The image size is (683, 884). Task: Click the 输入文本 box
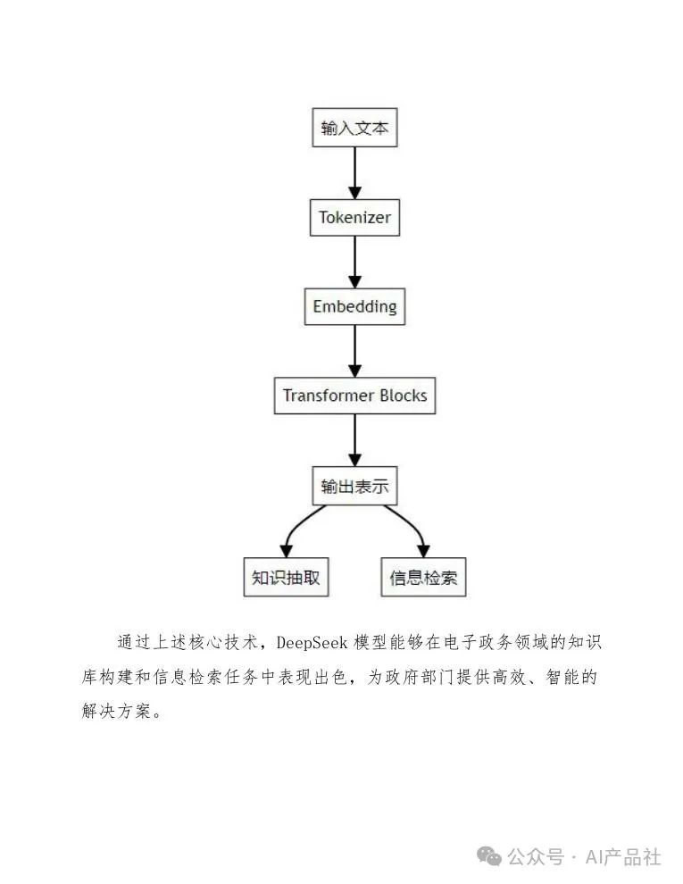[x=354, y=128]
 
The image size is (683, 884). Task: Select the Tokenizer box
[x=354, y=217]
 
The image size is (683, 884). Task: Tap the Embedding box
[x=354, y=306]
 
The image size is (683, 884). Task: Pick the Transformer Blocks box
[x=354, y=395]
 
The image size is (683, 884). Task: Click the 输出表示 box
[x=354, y=488]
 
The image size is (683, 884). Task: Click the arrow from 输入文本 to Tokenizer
[x=354, y=172]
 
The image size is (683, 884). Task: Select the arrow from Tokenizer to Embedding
[x=354, y=262]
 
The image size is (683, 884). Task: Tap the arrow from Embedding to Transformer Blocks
[x=354, y=351]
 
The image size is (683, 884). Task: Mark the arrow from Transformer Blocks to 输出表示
[x=354, y=441]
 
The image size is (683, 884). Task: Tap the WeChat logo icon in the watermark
[x=488, y=856]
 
